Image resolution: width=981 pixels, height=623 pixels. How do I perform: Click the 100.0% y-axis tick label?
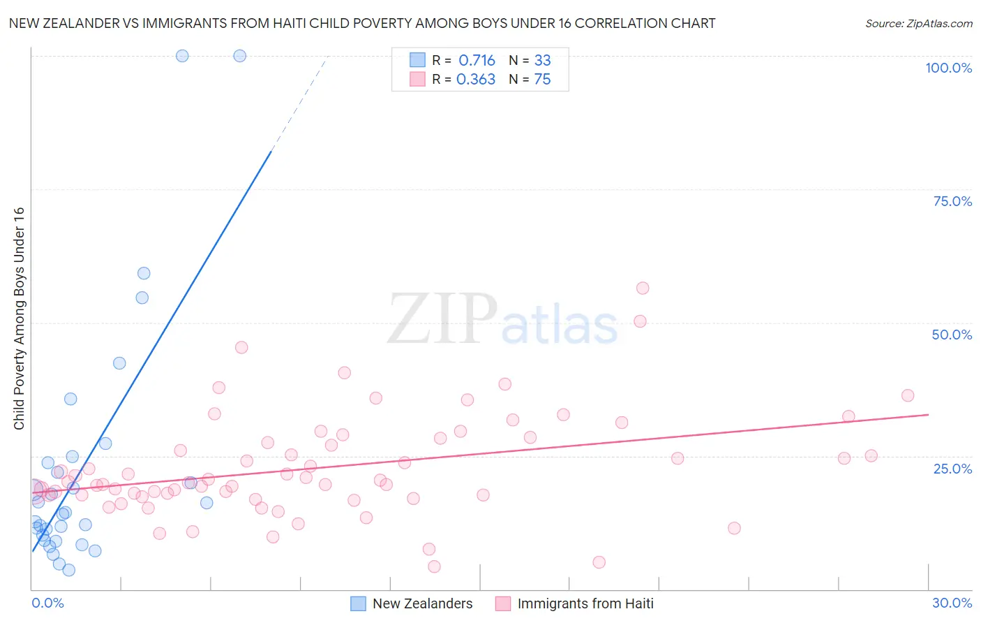click(x=948, y=68)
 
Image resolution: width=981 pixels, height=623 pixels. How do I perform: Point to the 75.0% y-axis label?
click(x=952, y=201)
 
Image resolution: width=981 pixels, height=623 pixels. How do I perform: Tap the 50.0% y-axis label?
click(x=952, y=335)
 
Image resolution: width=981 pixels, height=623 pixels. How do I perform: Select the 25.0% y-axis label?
click(x=952, y=468)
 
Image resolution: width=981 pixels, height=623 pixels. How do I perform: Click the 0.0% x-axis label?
click(x=47, y=603)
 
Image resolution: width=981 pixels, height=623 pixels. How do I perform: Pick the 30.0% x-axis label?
click(x=952, y=603)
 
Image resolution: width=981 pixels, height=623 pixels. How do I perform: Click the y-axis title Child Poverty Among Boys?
click(x=19, y=318)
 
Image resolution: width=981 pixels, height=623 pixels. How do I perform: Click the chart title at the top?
click(x=362, y=23)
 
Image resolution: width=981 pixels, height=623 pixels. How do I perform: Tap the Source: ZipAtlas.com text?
click(x=918, y=23)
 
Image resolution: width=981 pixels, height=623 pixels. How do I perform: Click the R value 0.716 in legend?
click(x=477, y=60)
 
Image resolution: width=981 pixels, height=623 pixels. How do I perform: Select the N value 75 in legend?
click(x=542, y=80)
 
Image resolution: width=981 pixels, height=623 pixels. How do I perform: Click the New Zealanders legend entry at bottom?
click(x=412, y=603)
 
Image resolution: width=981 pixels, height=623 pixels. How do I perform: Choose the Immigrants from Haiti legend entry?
click(x=574, y=603)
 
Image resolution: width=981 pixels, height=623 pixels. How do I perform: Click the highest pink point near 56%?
click(x=643, y=288)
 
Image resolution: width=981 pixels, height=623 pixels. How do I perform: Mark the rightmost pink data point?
click(x=908, y=395)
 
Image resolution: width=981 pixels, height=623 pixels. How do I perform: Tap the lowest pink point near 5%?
click(x=599, y=562)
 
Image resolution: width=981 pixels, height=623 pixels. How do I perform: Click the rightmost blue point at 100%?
click(x=239, y=56)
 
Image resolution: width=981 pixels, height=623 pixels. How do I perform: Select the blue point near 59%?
click(x=144, y=273)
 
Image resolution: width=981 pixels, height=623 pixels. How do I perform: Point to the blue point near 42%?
click(x=119, y=363)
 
